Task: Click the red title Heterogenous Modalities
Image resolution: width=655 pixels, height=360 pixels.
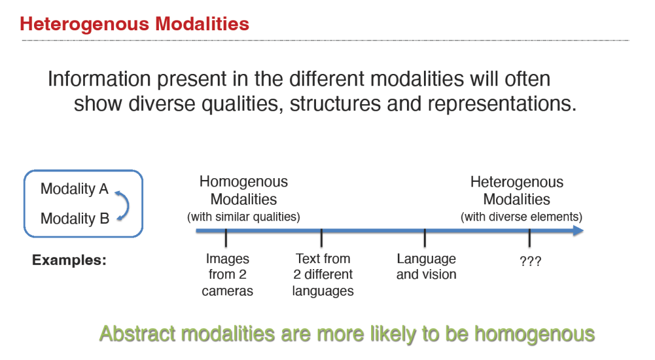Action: [135, 24]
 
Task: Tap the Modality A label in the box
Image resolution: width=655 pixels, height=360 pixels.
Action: [75, 188]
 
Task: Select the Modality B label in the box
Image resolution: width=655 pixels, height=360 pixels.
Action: [75, 218]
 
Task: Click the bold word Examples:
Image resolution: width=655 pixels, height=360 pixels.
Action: [69, 260]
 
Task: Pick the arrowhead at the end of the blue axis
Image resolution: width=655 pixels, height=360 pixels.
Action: [579, 230]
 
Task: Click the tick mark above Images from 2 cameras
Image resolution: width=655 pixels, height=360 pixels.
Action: [226, 238]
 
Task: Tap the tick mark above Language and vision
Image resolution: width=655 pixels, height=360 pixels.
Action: [425, 238]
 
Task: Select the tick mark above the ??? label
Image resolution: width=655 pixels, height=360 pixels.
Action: [529, 238]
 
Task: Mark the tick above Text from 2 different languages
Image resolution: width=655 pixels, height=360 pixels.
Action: [321, 238]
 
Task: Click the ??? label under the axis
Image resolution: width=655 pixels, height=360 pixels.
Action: [531, 261]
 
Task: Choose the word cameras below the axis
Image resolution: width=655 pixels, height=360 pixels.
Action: [227, 291]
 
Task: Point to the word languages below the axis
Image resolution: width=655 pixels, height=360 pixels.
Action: [323, 291]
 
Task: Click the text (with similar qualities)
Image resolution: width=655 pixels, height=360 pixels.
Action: [244, 217]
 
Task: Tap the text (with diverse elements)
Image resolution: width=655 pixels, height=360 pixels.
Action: [522, 217]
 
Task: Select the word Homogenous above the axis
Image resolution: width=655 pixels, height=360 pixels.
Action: [244, 182]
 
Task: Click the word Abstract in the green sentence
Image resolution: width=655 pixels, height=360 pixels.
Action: [138, 334]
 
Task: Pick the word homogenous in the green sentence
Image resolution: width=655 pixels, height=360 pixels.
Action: [534, 335]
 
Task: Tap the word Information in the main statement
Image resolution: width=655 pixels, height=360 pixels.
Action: [99, 79]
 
